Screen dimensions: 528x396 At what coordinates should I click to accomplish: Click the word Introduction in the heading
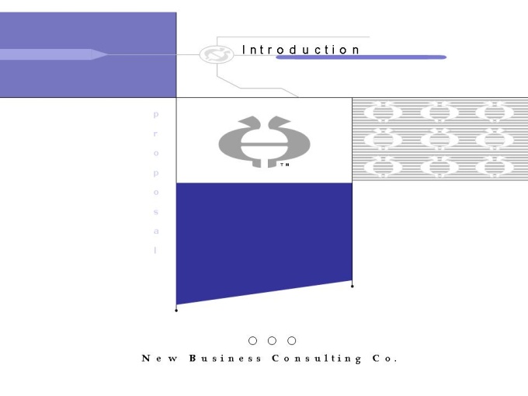tap(300, 50)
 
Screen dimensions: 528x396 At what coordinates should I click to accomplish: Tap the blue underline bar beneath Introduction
tap(361, 57)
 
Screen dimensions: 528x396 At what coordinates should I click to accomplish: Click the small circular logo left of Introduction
tap(217, 54)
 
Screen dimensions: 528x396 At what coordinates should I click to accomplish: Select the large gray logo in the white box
tap(264, 142)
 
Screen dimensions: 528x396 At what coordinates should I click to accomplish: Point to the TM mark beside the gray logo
tap(284, 165)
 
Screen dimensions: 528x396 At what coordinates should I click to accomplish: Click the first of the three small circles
tap(252, 341)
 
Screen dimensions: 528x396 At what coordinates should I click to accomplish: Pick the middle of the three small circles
tap(272, 341)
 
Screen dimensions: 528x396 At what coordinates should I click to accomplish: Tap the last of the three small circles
tap(292, 341)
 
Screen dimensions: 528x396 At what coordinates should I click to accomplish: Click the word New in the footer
tap(160, 358)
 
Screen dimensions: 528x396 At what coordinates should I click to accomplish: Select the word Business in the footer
tap(225, 358)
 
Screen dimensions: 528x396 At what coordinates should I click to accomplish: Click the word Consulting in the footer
tap(317, 359)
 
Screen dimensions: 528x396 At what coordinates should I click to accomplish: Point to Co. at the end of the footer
tap(385, 358)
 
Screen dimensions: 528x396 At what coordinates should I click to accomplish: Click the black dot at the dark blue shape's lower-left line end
tap(176, 311)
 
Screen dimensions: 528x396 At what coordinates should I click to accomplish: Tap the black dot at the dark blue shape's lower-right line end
tap(353, 287)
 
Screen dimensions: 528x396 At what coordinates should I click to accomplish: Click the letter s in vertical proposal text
tap(156, 212)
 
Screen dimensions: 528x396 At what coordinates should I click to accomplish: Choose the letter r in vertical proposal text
tap(155, 134)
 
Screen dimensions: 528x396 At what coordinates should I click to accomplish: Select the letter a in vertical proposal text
tap(156, 231)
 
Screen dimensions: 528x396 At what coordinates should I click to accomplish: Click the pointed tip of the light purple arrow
tap(108, 54)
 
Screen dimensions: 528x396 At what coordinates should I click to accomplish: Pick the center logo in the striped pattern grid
tap(439, 139)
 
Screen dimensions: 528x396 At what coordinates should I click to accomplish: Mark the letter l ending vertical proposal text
tap(155, 250)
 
